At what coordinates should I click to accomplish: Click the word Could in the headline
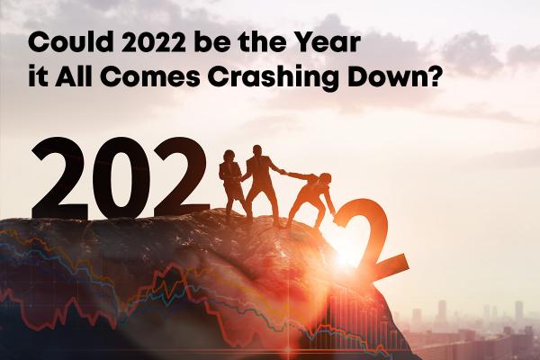(57, 41)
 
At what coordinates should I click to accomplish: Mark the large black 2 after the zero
(179, 177)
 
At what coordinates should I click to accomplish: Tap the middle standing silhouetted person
(262, 180)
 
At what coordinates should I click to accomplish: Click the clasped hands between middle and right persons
(284, 173)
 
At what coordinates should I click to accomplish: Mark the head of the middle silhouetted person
(259, 150)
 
